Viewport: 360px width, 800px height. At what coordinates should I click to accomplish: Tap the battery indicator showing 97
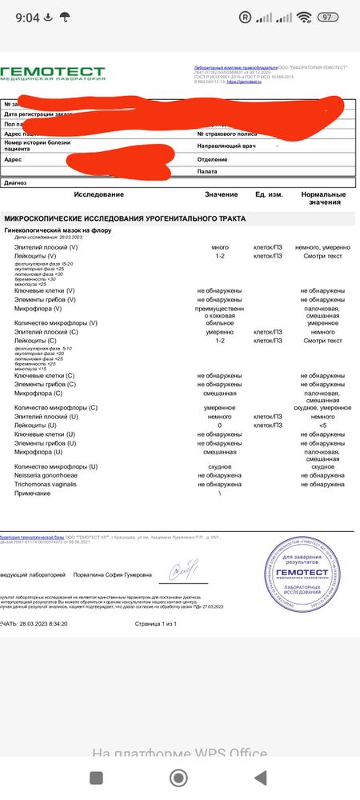point(326,17)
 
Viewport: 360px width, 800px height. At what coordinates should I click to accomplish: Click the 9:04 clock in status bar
point(27,17)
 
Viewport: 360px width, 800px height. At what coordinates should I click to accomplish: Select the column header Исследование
point(99,194)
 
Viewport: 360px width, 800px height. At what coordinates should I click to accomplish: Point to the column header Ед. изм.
point(269,194)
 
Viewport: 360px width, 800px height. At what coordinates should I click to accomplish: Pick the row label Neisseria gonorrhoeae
point(46,474)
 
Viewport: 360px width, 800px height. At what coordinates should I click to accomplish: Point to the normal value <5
point(322,425)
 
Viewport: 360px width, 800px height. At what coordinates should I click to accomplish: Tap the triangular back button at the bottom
point(261,778)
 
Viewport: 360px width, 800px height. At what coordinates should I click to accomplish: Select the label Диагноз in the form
point(15,182)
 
